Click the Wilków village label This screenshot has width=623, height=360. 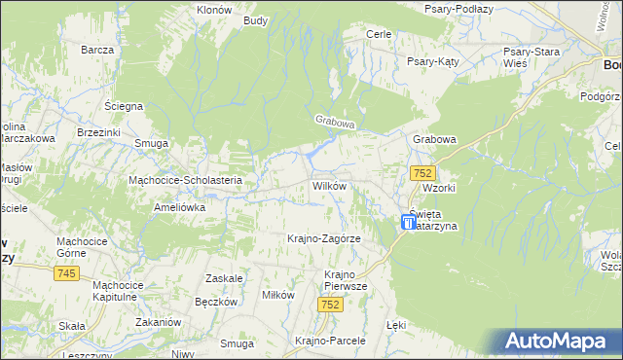[330, 186]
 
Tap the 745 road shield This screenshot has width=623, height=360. [67, 274]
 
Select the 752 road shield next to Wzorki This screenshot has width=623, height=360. [421, 172]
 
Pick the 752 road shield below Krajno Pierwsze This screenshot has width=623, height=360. [331, 305]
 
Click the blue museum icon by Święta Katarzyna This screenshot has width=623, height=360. [408, 223]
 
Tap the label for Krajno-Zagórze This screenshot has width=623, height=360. [324, 238]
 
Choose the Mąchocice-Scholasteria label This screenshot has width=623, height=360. [192, 180]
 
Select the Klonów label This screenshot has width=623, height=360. [213, 9]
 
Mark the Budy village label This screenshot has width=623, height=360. [256, 20]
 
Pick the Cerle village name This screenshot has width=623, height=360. [378, 34]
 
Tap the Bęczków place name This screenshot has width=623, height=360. [216, 303]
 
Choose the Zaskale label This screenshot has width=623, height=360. [224, 278]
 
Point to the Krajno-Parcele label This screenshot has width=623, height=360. [329, 341]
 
